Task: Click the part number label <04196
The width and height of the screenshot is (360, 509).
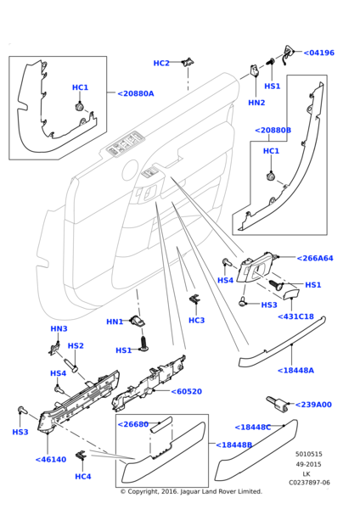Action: pos(318,53)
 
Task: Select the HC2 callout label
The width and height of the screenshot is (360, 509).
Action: pos(161,63)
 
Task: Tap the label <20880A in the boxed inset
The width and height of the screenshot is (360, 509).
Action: pos(136,93)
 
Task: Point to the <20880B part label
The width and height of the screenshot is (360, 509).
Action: pos(273,131)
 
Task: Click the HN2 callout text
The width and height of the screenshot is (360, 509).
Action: pos(256,103)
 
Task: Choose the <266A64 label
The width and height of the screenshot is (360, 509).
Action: pos(315,258)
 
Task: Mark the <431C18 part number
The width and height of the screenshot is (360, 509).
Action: pos(295,316)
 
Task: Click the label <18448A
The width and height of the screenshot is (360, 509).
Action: pos(295,370)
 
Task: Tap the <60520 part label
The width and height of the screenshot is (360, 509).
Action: pos(186,391)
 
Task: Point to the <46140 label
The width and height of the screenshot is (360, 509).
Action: pos(50,459)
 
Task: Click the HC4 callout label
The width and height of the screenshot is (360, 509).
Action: pos(82,477)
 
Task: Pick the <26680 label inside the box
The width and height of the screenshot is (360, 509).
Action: pos(134,424)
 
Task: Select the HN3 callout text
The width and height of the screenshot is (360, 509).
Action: pos(59,328)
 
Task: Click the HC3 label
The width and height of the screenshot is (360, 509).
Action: pos(196,320)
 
